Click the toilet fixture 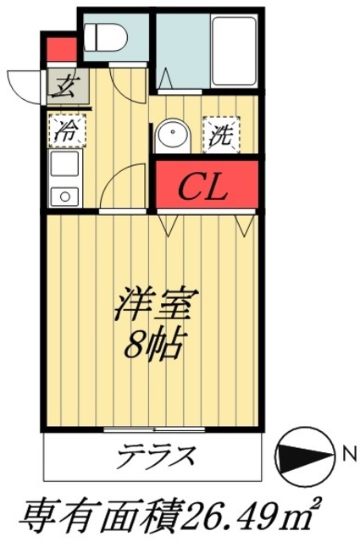click(106, 38)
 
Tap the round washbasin click(174, 136)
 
